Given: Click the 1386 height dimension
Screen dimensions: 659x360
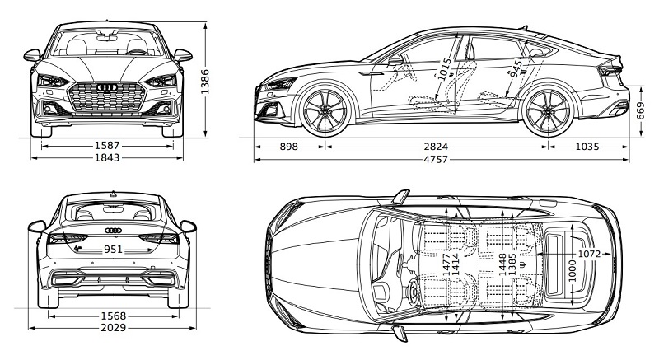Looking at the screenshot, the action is (x=204, y=82).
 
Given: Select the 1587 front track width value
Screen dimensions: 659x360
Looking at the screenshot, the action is (x=107, y=146).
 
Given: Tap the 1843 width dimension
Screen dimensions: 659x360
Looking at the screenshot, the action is (x=107, y=157).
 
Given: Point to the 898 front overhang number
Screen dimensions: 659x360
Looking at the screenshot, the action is (x=289, y=147).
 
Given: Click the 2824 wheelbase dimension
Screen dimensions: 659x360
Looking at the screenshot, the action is (x=436, y=147).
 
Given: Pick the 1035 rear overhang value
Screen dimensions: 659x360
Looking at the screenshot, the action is (x=587, y=147).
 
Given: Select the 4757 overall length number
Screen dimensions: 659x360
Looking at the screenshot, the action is (x=436, y=159).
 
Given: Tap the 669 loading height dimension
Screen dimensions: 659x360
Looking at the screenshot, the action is (x=640, y=111).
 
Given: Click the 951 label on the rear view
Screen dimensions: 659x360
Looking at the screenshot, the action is (x=113, y=250).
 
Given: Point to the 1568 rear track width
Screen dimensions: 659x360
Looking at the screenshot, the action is (x=114, y=316).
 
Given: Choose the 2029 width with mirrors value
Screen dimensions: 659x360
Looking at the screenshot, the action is (x=114, y=327).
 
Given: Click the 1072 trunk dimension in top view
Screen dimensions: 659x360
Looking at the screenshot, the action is (x=589, y=254).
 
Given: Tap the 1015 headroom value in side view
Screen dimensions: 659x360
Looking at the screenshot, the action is (x=444, y=69).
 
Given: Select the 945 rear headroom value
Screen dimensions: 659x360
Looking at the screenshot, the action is (x=516, y=69).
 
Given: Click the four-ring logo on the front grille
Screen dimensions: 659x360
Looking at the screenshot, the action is (x=107, y=87).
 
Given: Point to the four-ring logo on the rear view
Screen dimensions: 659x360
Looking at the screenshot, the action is (x=113, y=230).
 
